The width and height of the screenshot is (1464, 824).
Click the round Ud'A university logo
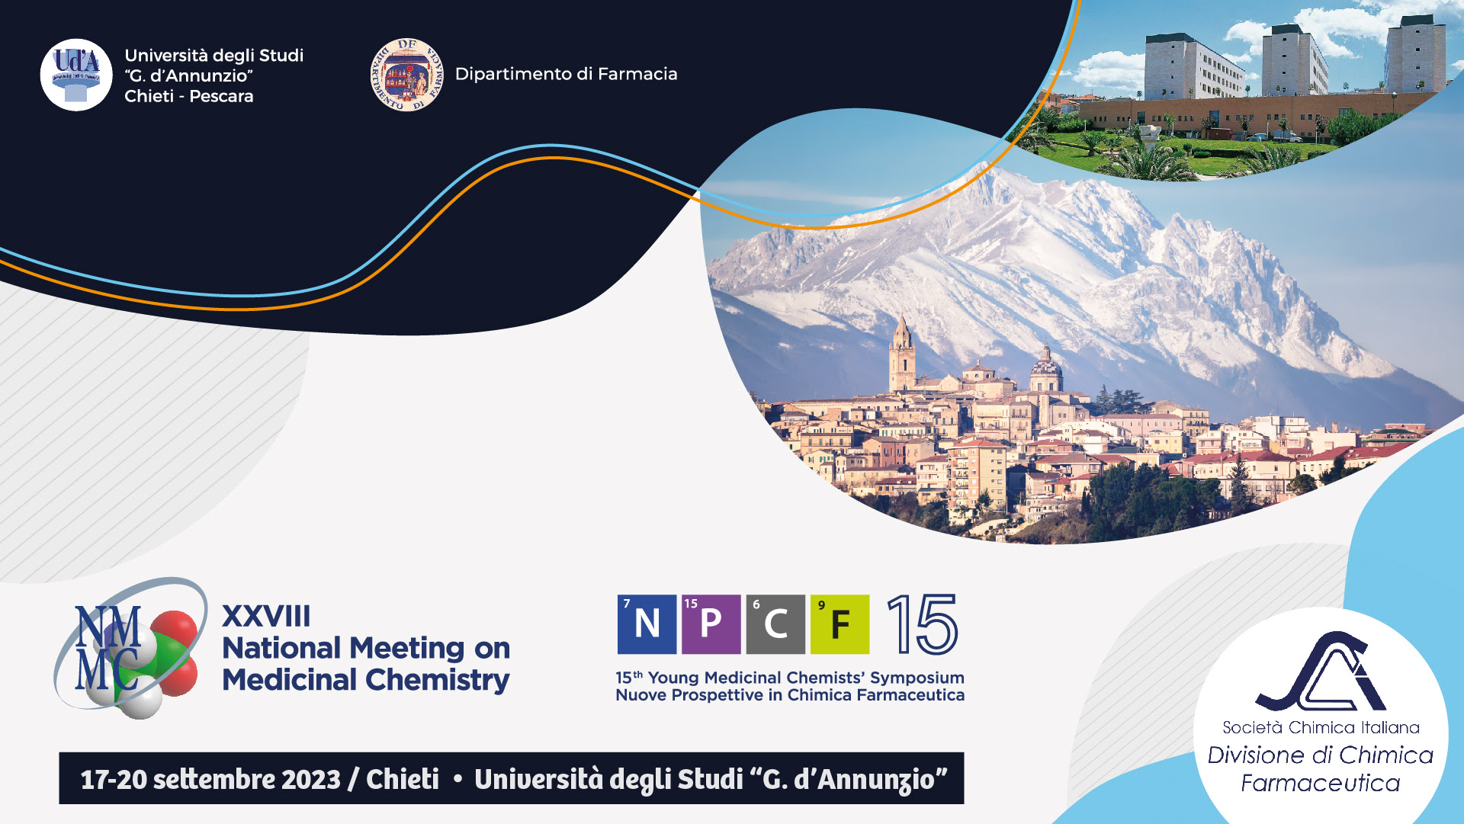click(76, 75)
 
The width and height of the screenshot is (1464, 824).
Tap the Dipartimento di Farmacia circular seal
click(406, 75)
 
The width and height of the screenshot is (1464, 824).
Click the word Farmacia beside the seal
click(637, 74)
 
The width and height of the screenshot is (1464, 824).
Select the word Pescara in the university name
click(221, 96)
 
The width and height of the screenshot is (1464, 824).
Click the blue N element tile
click(647, 624)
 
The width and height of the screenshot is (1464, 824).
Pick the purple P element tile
click(711, 624)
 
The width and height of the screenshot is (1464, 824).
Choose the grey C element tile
click(775, 624)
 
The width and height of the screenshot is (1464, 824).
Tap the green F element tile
click(840, 624)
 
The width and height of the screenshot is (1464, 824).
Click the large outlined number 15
click(922, 624)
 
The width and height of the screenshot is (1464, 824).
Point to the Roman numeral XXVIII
click(266, 616)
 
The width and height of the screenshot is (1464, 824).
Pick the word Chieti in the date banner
click(403, 779)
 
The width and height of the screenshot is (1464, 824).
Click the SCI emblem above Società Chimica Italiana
click(1321, 672)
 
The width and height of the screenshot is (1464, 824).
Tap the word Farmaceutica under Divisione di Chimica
click(1321, 783)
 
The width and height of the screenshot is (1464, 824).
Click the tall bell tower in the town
click(902, 356)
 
